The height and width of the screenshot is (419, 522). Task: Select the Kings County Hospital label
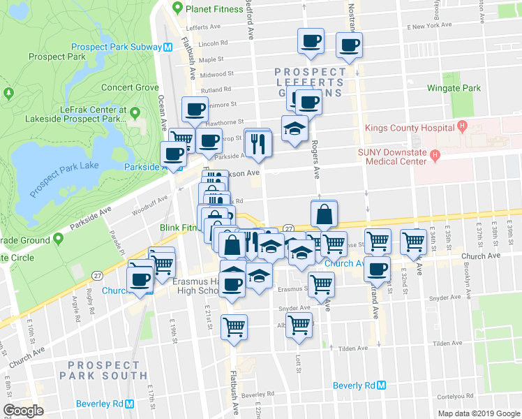click(x=410, y=128)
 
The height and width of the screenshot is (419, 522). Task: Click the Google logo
click(x=23, y=411)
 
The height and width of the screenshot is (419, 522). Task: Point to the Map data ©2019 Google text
click(x=479, y=413)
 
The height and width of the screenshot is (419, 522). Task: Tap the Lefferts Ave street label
click(x=204, y=29)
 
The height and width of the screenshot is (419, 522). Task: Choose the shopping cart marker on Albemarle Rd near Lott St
click(x=299, y=325)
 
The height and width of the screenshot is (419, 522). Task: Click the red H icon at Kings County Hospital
click(x=461, y=126)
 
